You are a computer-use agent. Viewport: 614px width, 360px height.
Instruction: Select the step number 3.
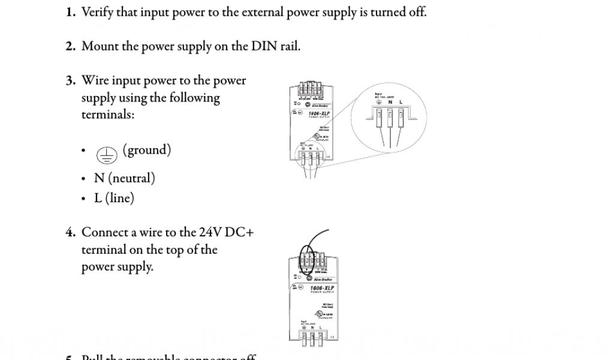(70, 80)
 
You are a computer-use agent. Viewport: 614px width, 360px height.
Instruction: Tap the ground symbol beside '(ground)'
(107, 155)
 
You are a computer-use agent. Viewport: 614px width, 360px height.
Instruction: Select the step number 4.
(70, 232)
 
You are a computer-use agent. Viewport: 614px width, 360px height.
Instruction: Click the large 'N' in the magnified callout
(390, 102)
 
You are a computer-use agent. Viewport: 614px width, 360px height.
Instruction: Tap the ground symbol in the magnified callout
(380, 102)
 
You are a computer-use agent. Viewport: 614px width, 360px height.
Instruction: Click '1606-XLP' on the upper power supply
(318, 112)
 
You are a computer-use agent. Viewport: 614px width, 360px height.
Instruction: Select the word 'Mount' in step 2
(100, 46)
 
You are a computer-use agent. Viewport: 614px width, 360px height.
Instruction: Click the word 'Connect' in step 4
(104, 232)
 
